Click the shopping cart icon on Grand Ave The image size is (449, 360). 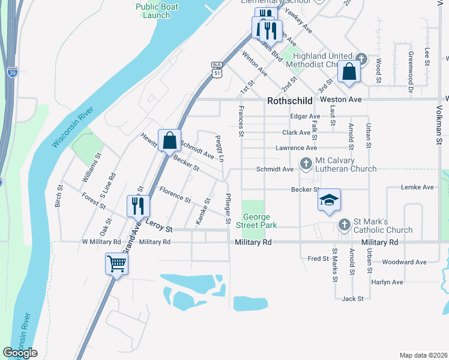coord(116,263)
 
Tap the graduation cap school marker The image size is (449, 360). coord(329,200)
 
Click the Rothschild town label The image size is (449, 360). coord(289,101)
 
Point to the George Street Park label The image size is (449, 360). coord(259,221)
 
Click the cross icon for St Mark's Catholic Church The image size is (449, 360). coord(344,224)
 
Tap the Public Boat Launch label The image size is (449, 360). coord(152,11)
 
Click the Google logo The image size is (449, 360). coord(20,353)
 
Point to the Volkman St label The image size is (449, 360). coord(439,125)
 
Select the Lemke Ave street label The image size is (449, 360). coord(418,187)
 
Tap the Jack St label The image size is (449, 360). coord(352,298)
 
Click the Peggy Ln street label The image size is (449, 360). coord(220,148)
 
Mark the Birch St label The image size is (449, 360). coord(59,195)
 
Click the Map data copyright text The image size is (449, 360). coord(423,355)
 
